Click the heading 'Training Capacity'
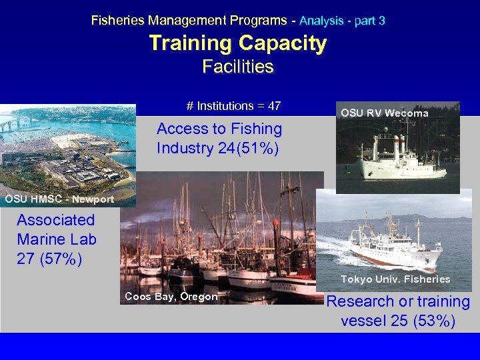coord(238,43)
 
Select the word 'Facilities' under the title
coord(238,67)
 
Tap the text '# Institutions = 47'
coord(233,106)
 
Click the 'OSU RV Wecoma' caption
coord(384,113)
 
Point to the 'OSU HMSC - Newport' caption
coord(59,199)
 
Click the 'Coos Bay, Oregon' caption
coord(171,297)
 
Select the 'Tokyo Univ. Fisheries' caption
coord(395,279)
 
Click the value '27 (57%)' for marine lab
coord(49,258)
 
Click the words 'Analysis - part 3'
coord(342,21)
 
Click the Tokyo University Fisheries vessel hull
coord(393,253)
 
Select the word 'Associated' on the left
coord(56,220)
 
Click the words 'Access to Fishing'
coord(219,129)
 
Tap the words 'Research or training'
coord(398,302)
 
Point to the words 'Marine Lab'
coord(57,239)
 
